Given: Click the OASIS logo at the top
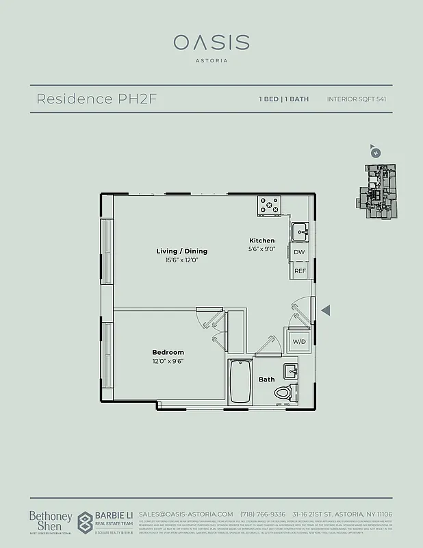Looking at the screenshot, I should pyautogui.click(x=211, y=42).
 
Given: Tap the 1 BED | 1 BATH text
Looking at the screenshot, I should pyautogui.click(x=283, y=99).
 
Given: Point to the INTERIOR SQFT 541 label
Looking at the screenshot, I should pyautogui.click(x=357, y=99).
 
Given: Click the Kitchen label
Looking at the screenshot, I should pyautogui.click(x=261, y=240).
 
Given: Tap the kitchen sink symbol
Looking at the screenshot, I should pyautogui.click(x=299, y=232).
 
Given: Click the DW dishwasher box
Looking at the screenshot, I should pyautogui.click(x=299, y=253).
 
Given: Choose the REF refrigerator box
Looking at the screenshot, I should pyautogui.click(x=300, y=271).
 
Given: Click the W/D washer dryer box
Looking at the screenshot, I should pyautogui.click(x=299, y=341).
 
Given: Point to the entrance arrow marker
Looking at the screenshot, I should pyautogui.click(x=326, y=311).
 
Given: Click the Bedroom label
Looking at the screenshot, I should pyautogui.click(x=168, y=352).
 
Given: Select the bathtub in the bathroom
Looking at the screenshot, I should pyautogui.click(x=240, y=381).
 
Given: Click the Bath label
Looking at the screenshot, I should pyautogui.click(x=266, y=379).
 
